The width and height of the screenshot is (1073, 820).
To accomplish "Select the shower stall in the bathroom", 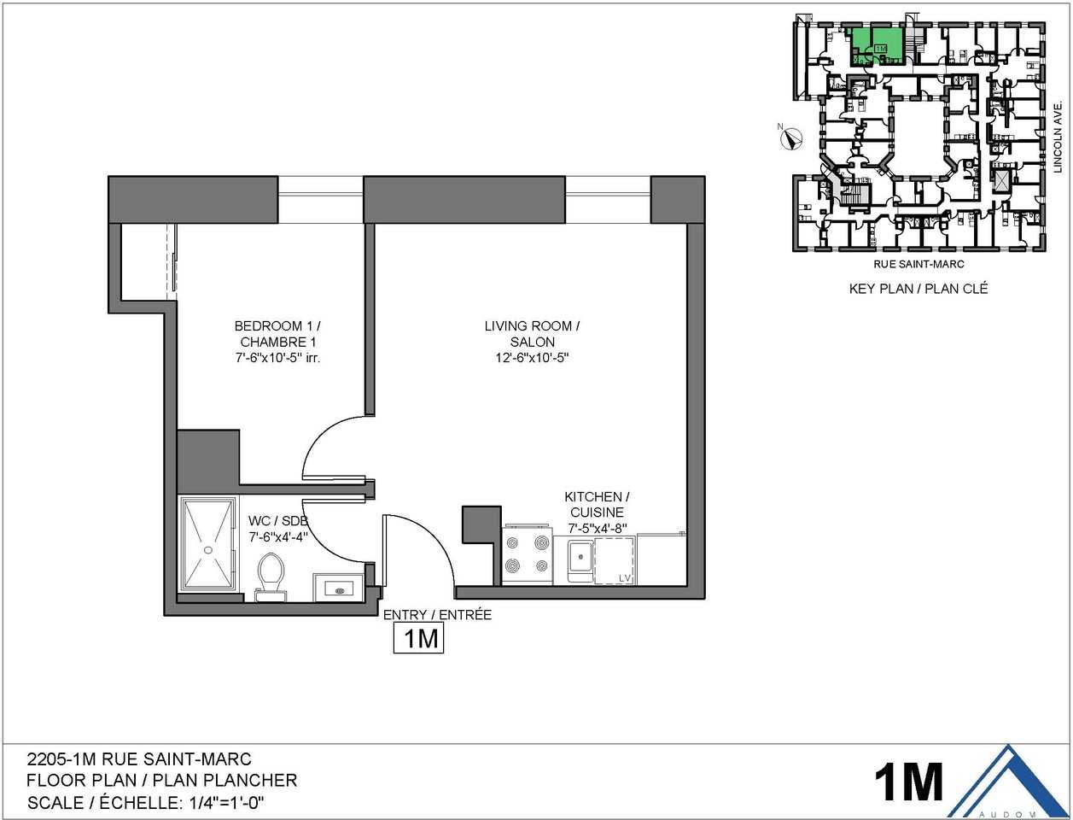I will click(x=206, y=543).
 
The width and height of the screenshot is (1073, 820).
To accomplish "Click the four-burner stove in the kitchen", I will click(x=528, y=554).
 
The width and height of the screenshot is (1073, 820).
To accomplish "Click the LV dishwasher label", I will click(x=624, y=578).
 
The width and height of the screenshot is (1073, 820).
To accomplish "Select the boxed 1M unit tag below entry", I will click(x=419, y=638).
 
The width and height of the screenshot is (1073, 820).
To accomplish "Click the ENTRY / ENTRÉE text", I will click(x=437, y=614).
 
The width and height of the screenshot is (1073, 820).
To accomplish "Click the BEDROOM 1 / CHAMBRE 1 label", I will click(x=278, y=334).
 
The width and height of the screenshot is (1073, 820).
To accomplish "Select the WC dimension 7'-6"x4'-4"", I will click(x=277, y=537).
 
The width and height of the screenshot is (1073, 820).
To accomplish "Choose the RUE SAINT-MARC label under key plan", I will click(x=918, y=265).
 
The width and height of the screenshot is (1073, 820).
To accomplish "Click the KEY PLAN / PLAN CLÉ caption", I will click(x=918, y=289).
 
